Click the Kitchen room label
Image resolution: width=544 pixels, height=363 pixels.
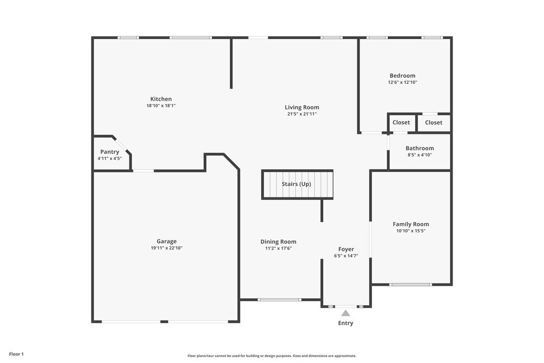tap(161, 99)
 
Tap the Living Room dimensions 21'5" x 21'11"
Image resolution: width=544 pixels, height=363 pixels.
tap(302, 114)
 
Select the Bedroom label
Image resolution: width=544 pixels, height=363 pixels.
tap(402, 76)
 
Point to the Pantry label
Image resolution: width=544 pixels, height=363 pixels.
tap(109, 152)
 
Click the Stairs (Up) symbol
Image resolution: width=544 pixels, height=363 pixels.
tap(297, 184)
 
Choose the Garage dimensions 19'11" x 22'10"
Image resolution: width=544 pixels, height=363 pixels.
tap(166, 248)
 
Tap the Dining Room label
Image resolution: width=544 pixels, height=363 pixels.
tap(278, 242)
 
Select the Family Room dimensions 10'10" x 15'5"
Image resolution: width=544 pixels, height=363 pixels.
tap(411, 231)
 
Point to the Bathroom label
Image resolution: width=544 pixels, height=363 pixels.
tap(419, 148)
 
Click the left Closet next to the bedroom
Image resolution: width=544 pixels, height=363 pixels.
tap(401, 122)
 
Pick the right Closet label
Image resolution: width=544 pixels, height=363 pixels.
tap(434, 122)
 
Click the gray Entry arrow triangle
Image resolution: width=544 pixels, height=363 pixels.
tap(345, 313)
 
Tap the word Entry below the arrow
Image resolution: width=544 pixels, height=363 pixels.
tap(345, 323)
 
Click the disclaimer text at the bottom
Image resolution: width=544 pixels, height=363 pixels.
tap(272, 355)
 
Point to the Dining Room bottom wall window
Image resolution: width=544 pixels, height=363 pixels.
tap(280, 299)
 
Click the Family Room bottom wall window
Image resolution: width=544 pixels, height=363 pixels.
tap(411, 284)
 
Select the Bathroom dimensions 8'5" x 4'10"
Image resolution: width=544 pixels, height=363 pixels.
tap(419, 155)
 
